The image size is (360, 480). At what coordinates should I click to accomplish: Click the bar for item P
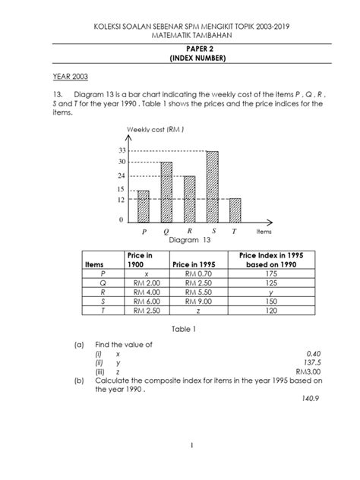(x=143, y=205)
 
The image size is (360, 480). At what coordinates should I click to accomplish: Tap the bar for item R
(x=189, y=197)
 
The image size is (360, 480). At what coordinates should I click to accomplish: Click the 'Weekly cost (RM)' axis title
(x=154, y=130)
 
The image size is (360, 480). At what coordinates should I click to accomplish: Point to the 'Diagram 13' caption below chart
(x=179, y=239)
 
